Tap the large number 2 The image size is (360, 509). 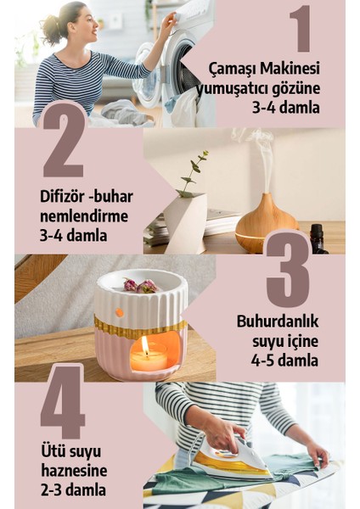pos(65,138)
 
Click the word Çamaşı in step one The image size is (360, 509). pos(232,67)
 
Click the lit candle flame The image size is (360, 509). pos(145,345)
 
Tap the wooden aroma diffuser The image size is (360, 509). pos(266,222)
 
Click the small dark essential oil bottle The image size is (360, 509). pos(318,239)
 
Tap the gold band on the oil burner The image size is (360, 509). pos(140,326)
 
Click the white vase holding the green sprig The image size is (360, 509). pos(184,221)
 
